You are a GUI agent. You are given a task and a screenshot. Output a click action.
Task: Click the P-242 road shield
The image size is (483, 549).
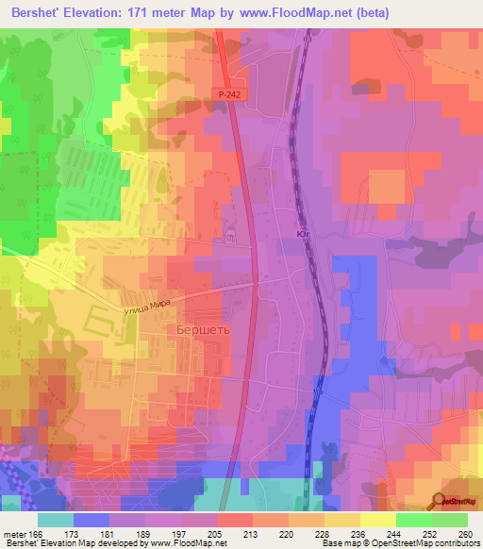227,95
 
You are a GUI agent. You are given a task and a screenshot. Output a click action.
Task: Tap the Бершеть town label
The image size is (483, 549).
202,329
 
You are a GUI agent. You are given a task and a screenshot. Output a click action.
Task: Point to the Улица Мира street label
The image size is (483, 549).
145,305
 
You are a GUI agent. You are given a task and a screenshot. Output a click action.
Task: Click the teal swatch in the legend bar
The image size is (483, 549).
56,520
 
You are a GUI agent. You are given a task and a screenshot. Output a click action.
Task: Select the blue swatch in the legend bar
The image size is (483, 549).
92,520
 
